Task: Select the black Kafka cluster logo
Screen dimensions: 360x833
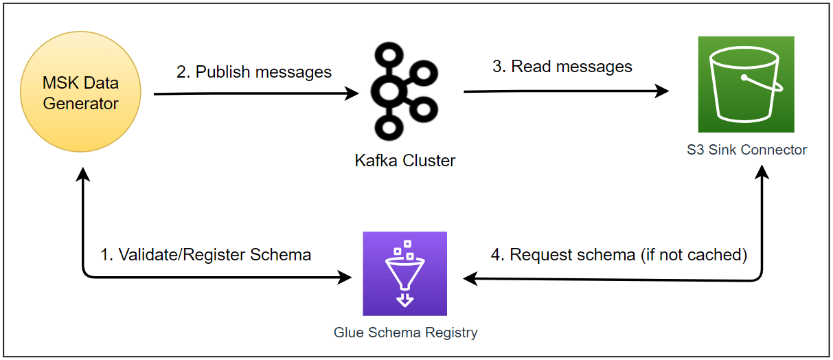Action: pyautogui.click(x=404, y=89)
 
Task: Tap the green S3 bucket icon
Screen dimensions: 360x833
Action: pyautogui.click(x=746, y=84)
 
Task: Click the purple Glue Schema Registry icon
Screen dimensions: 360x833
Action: pyautogui.click(x=404, y=273)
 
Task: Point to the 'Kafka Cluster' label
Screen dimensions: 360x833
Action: pyautogui.click(x=404, y=161)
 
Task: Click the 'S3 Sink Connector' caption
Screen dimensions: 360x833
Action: pyautogui.click(x=746, y=149)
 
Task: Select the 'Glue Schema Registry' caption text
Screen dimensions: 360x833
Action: pyautogui.click(x=405, y=333)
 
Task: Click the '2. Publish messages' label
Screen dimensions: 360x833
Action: pyautogui.click(x=254, y=72)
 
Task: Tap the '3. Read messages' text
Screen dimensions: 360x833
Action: pyautogui.click(x=562, y=67)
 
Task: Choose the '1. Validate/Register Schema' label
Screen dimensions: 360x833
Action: pyautogui.click(x=205, y=255)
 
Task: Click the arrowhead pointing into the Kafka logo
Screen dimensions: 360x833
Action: pyautogui.click(x=353, y=93)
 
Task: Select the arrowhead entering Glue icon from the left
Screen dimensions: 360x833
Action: pyautogui.click(x=343, y=278)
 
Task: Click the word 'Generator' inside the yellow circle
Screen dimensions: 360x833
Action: pyautogui.click(x=80, y=104)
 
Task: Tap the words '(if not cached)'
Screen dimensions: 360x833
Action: pyautogui.click(x=694, y=255)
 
